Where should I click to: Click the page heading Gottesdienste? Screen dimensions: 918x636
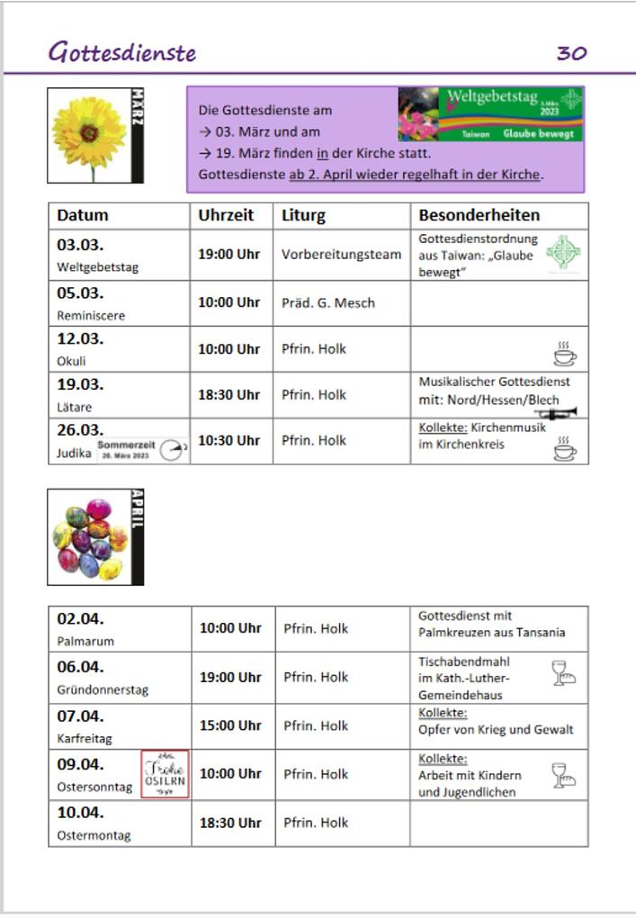[121, 52]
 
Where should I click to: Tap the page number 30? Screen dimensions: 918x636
[571, 53]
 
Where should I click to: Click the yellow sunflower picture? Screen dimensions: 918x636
[89, 135]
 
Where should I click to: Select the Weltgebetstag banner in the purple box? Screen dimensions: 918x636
[490, 114]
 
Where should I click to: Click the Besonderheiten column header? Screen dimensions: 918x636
[479, 215]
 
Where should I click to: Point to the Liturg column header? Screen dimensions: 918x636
[303, 215]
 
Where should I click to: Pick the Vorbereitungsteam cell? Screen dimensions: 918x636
[341, 255]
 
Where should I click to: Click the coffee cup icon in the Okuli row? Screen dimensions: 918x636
[565, 354]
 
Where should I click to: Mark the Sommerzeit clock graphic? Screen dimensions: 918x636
[142, 450]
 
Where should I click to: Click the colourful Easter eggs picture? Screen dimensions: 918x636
[90, 538]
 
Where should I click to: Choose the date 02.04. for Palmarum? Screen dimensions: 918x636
[80, 619]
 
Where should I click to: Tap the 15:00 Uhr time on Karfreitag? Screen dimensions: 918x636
[229, 725]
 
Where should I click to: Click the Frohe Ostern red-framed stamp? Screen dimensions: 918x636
[165, 774]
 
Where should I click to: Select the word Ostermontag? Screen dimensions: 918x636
[94, 835]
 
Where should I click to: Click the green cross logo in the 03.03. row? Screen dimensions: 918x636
[563, 253]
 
